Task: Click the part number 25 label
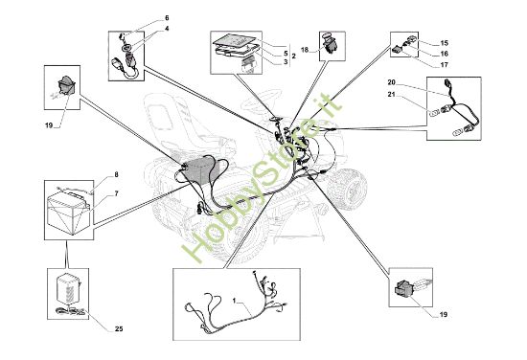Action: click(x=119, y=329)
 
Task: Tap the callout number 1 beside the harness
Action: click(x=234, y=300)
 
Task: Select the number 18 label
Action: click(x=305, y=50)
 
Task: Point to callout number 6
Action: click(x=167, y=18)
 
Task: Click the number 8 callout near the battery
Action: click(x=116, y=174)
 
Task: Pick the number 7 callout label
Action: click(x=116, y=193)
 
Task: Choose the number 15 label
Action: click(x=444, y=43)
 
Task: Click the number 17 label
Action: click(x=444, y=65)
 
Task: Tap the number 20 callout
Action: click(x=392, y=82)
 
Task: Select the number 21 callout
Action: click(x=392, y=95)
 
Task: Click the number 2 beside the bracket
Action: click(x=293, y=56)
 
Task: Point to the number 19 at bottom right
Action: click(x=444, y=315)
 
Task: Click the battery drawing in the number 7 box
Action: click(x=68, y=214)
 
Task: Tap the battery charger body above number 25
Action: click(x=69, y=289)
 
